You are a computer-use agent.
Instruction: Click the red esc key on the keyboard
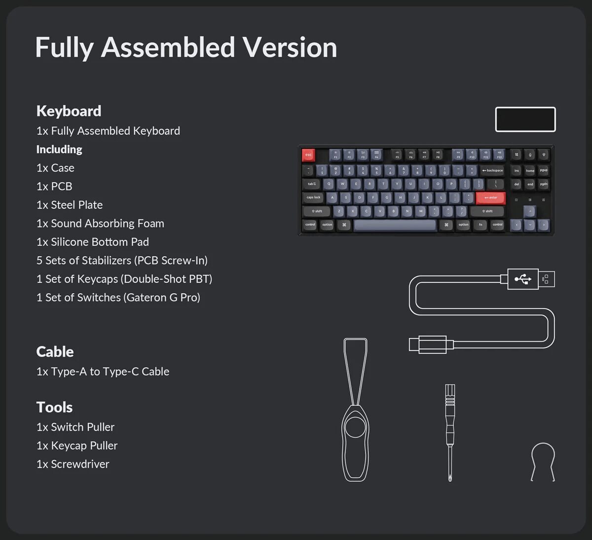(308, 155)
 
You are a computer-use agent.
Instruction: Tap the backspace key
(492, 170)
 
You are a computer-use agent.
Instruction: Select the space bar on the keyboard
(395, 225)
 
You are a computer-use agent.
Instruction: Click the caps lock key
(313, 197)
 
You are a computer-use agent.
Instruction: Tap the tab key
(311, 184)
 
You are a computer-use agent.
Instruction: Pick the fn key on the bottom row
(481, 225)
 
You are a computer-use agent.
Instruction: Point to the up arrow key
(530, 211)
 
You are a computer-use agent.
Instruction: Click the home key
(530, 170)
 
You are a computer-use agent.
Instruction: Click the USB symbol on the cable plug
(523, 279)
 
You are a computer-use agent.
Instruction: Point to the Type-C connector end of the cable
(428, 344)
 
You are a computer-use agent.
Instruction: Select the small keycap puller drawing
(543, 462)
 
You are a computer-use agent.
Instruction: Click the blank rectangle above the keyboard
(525, 119)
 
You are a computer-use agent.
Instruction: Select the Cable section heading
(55, 352)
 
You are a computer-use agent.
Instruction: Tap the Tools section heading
(54, 407)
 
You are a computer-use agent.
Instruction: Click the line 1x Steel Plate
(70, 205)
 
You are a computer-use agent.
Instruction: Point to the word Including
(59, 149)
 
